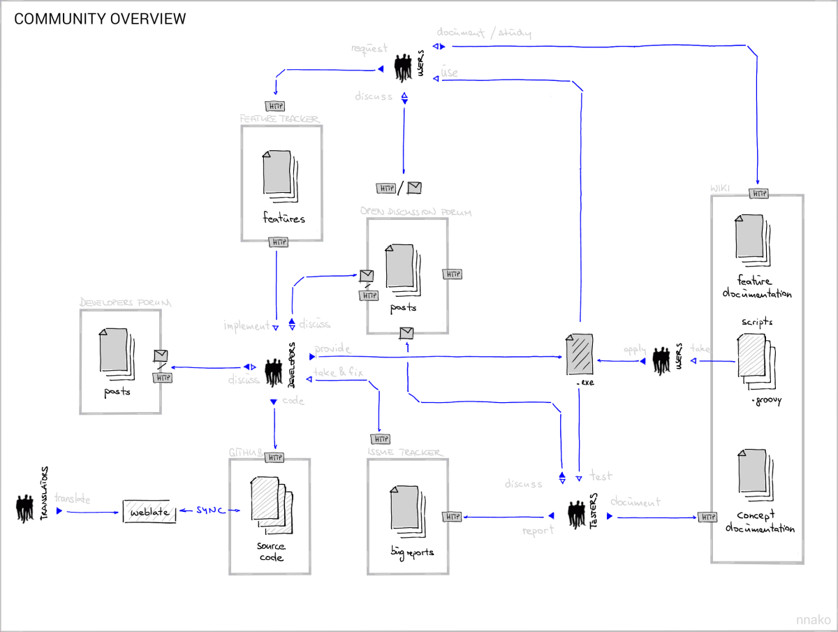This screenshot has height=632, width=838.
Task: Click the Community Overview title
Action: click(100, 19)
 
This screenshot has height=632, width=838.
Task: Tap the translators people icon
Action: click(25, 508)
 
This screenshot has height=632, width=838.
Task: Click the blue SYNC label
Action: click(211, 511)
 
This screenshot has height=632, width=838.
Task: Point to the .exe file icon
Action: click(579, 355)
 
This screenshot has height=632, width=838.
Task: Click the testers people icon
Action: click(576, 515)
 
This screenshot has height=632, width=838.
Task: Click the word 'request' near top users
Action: click(369, 49)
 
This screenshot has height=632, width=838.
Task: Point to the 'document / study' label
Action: click(484, 33)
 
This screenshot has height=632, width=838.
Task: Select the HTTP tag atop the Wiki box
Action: click(758, 193)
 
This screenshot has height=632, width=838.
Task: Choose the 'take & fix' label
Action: click(339, 373)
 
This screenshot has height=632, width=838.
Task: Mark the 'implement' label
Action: click(246, 326)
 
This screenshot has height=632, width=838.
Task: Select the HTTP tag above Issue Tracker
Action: click(380, 439)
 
